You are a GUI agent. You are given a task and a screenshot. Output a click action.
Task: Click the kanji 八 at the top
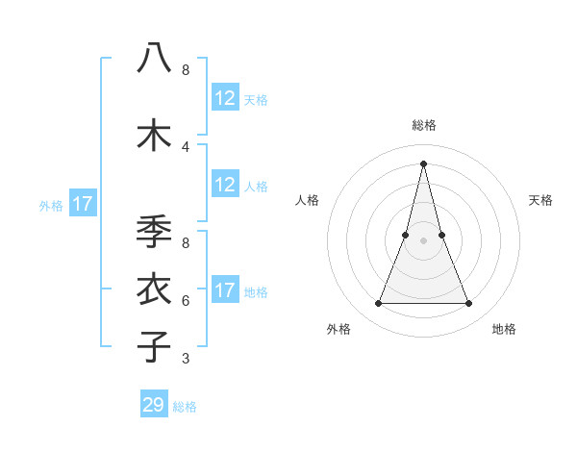[x=154, y=58]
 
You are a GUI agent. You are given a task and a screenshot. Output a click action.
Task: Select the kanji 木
[x=154, y=134]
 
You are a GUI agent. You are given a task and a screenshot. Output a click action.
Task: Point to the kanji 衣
[x=154, y=289]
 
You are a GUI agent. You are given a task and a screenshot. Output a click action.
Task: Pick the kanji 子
[x=154, y=346]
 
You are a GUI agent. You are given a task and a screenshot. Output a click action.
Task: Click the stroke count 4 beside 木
[x=186, y=146]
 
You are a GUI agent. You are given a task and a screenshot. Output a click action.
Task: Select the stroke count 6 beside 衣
[x=186, y=300]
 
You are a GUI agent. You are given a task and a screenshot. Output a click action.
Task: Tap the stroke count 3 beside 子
[x=186, y=359]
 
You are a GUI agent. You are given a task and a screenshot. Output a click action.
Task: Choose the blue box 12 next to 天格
[x=225, y=98]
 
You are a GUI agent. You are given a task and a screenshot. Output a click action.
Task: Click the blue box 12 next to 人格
[x=225, y=185]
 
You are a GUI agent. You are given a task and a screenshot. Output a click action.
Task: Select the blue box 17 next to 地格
[x=225, y=290]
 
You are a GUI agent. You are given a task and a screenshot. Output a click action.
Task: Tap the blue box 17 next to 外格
[x=82, y=204]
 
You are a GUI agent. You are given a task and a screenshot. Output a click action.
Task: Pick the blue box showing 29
[x=154, y=405]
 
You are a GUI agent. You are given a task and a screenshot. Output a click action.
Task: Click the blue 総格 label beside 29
[x=185, y=406]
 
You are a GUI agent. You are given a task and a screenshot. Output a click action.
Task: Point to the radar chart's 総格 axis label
[x=423, y=125]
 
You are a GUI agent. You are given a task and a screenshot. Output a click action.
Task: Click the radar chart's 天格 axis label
[x=541, y=200]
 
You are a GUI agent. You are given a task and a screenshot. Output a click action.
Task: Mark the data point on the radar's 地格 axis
[x=469, y=304]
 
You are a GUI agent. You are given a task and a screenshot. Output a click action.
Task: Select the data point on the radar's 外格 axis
[x=378, y=304]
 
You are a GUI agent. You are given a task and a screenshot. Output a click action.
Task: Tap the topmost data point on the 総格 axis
[x=423, y=163]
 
